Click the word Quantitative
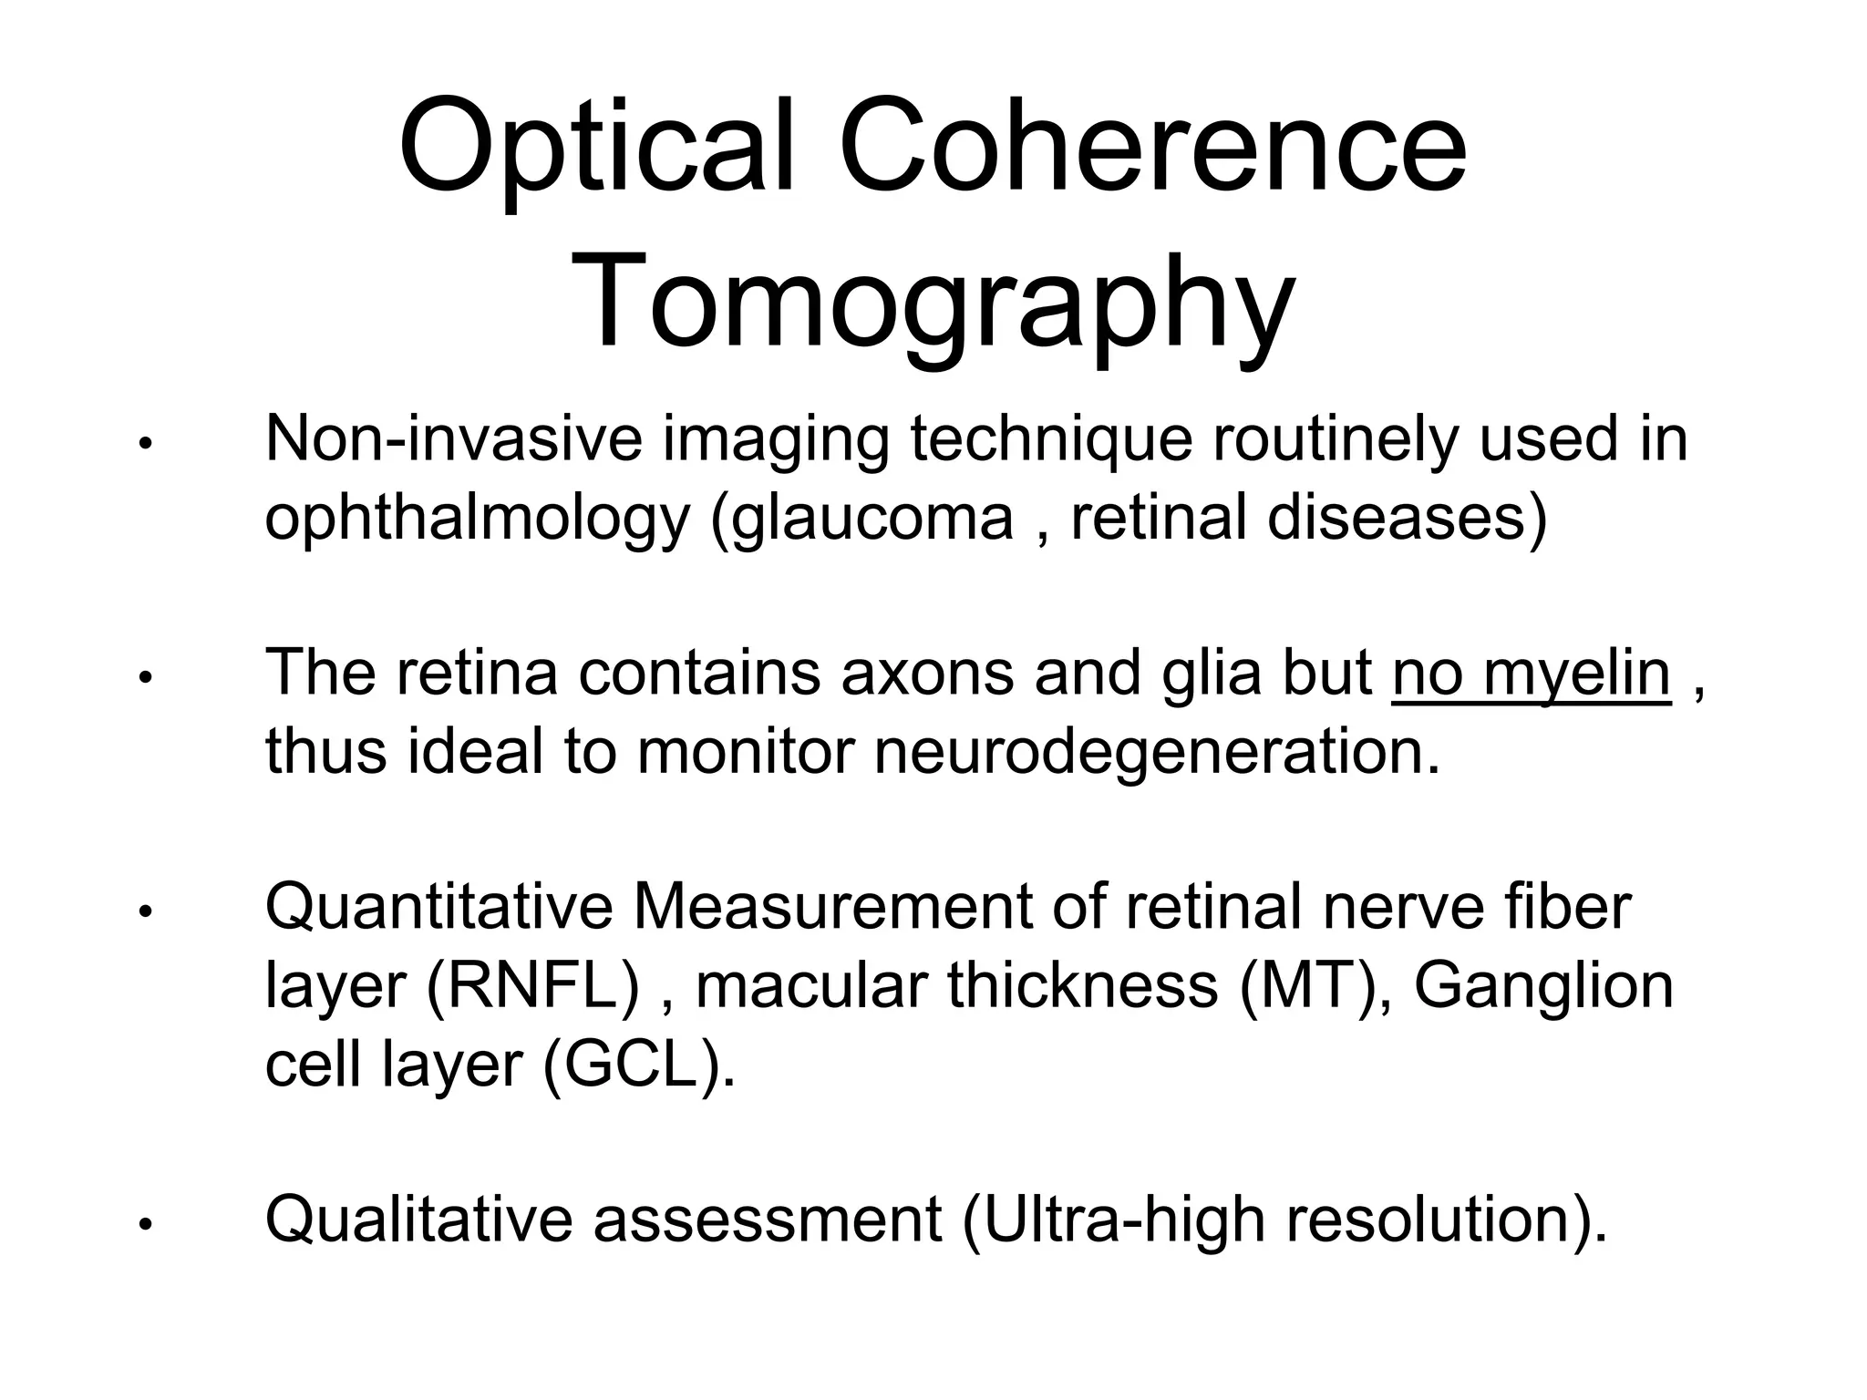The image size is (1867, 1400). tap(438, 909)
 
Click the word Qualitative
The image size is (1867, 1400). tap(418, 1220)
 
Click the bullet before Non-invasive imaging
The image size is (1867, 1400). tap(143, 446)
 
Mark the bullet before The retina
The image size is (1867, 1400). tap(143, 680)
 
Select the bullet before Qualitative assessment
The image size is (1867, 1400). tap(143, 1227)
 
